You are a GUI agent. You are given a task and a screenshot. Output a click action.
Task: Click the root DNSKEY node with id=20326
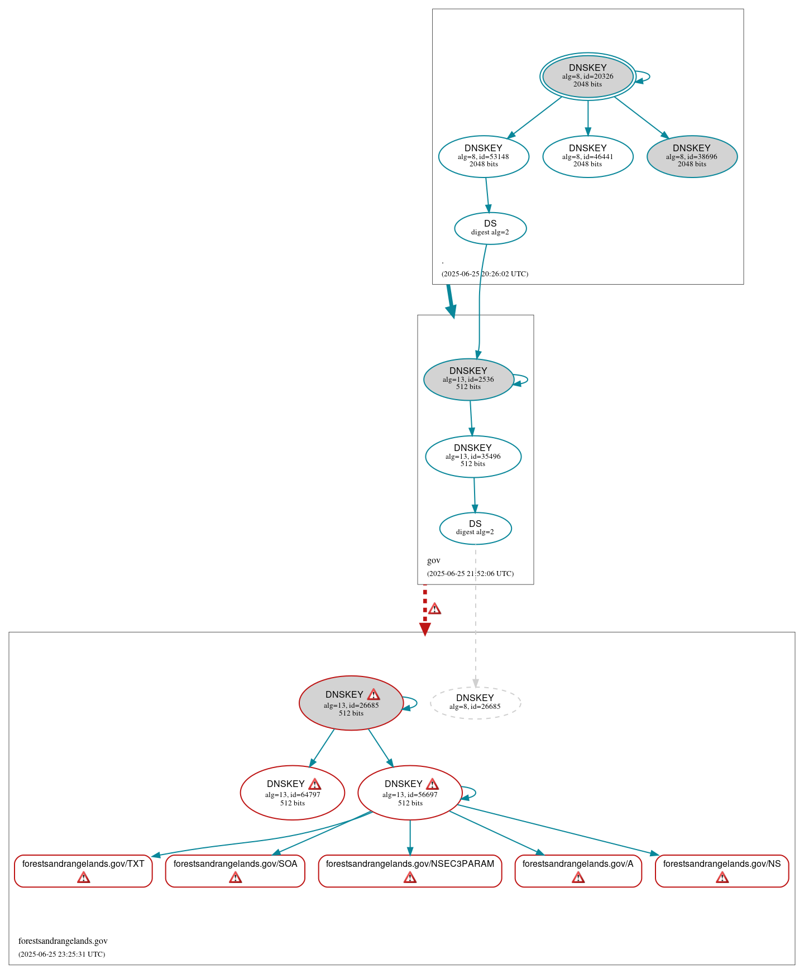pyautogui.click(x=587, y=76)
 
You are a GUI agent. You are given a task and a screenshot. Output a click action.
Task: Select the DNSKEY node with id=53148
pyautogui.click(x=484, y=156)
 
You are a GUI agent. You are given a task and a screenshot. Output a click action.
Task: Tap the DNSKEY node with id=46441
pyautogui.click(x=587, y=156)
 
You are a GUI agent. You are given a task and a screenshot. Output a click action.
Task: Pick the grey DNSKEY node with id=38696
pyautogui.click(x=692, y=156)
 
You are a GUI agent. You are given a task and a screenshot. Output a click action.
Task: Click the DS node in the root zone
pyautogui.click(x=490, y=228)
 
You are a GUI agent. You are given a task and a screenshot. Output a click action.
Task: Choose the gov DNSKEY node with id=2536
pyautogui.click(x=468, y=379)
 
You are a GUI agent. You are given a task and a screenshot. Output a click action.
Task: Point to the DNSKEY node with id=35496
pyautogui.click(x=473, y=456)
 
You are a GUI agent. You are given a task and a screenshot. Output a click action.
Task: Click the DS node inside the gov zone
pyautogui.click(x=475, y=528)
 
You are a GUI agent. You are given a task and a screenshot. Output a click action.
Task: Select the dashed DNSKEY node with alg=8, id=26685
pyautogui.click(x=475, y=702)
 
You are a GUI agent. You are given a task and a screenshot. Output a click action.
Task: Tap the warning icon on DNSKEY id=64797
pyautogui.click(x=314, y=784)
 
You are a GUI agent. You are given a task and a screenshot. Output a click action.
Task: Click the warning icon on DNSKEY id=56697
pyautogui.click(x=432, y=784)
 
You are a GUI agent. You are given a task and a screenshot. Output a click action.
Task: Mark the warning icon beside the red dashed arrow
pyautogui.click(x=434, y=609)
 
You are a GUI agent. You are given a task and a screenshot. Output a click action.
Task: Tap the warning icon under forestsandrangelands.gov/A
pyautogui.click(x=578, y=878)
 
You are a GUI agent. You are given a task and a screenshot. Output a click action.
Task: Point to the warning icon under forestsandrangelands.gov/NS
pyautogui.click(x=722, y=878)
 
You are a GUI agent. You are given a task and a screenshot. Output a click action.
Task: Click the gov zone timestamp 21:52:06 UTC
pyautogui.click(x=470, y=574)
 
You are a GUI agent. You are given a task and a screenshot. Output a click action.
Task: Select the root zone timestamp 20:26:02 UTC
pyautogui.click(x=485, y=274)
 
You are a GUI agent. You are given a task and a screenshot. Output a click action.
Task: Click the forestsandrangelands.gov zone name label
pyautogui.click(x=63, y=941)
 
